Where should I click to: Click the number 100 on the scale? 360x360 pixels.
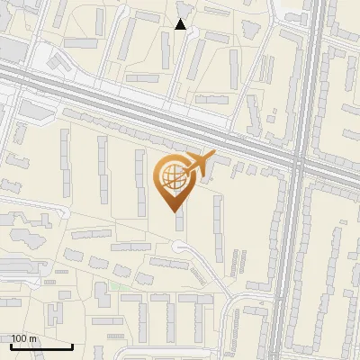(20, 338)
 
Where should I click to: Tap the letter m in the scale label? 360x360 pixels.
(33, 338)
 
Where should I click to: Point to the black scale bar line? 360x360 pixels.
(41, 346)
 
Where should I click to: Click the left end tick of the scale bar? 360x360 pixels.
(11, 344)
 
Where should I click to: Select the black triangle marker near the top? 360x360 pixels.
(181, 24)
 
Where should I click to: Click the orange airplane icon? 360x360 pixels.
(197, 164)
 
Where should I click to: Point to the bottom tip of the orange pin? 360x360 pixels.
(175, 211)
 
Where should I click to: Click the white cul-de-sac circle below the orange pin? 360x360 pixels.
(180, 247)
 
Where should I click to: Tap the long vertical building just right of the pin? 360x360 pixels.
(217, 220)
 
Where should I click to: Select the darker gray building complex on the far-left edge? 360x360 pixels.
(11, 265)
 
